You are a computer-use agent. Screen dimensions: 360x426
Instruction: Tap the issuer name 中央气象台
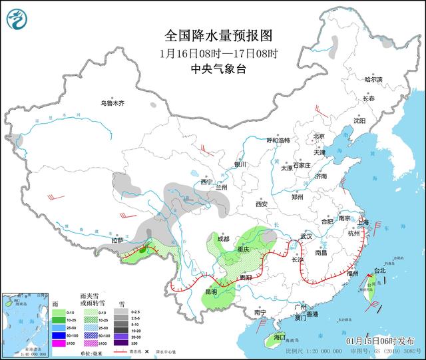[218, 69]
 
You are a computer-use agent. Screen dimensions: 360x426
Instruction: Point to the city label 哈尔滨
[374, 79]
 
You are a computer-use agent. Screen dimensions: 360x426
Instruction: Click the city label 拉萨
[118, 240]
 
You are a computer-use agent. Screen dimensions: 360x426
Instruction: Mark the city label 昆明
[210, 291]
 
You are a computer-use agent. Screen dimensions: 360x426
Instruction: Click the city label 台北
[379, 271]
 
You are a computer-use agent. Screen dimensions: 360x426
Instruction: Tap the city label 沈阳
[359, 121]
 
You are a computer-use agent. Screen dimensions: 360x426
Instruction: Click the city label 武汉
[306, 236]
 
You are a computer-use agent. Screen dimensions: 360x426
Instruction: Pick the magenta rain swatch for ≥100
[57, 343]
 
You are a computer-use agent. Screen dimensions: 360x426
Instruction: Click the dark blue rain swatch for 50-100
[57, 335]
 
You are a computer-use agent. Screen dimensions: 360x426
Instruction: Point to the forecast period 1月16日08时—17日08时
[218, 53]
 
